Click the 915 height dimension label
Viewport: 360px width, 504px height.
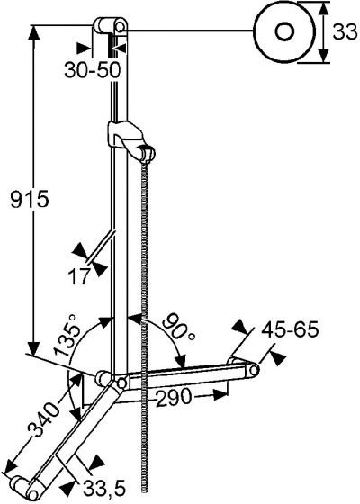(x=30, y=199)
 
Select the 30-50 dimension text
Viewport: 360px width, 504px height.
(x=92, y=70)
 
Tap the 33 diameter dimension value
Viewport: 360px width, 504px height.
(x=346, y=31)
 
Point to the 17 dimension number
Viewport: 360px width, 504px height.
(x=78, y=276)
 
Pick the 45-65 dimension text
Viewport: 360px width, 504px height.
(x=290, y=329)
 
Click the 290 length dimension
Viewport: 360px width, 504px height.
(x=174, y=396)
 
